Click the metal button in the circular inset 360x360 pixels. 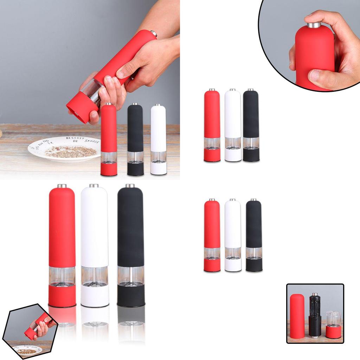pos(314,25)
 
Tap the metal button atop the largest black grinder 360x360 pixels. pos(130,186)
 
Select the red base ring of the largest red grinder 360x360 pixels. pos(62,295)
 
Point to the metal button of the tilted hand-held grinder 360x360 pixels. pos(154,33)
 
